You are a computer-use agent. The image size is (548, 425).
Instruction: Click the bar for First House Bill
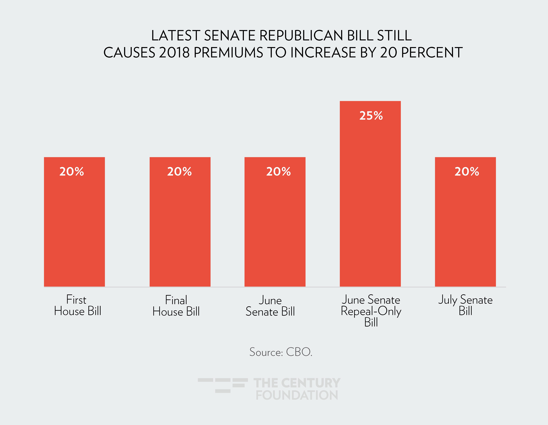click(74, 226)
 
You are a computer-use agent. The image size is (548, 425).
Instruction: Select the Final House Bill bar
click(180, 226)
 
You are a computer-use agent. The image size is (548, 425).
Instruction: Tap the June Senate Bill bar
click(275, 226)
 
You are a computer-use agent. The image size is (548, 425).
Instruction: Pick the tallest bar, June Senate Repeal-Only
click(370, 201)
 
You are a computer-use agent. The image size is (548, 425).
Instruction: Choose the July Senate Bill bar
click(465, 226)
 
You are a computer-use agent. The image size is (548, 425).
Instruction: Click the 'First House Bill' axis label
click(78, 305)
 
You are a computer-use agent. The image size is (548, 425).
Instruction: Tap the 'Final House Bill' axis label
click(176, 306)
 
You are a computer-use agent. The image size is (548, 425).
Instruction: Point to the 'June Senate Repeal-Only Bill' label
click(371, 311)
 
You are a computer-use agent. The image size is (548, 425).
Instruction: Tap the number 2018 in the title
click(174, 53)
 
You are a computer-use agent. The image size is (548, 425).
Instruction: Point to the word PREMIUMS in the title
click(228, 53)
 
